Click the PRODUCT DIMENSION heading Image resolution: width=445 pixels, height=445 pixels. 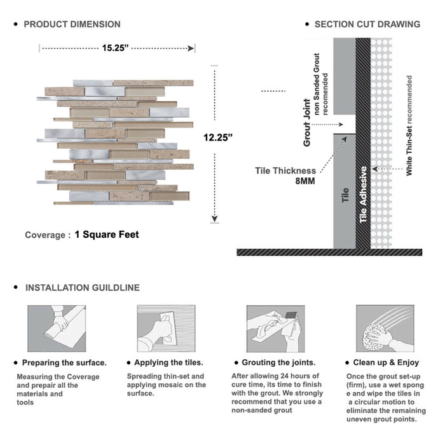(x=72, y=25)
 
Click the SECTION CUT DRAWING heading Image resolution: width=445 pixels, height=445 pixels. (x=367, y=25)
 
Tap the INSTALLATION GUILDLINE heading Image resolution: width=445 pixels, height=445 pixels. (x=82, y=288)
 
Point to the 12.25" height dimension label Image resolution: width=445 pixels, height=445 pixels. (x=218, y=137)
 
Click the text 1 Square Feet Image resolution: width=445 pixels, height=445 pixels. (x=107, y=235)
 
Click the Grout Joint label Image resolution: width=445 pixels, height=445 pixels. (x=307, y=123)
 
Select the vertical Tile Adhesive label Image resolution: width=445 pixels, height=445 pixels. (x=364, y=195)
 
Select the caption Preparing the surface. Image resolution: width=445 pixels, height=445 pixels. (x=64, y=363)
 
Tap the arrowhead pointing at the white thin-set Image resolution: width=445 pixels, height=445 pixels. (x=375, y=169)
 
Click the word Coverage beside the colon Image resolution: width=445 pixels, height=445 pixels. (x=44, y=235)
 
